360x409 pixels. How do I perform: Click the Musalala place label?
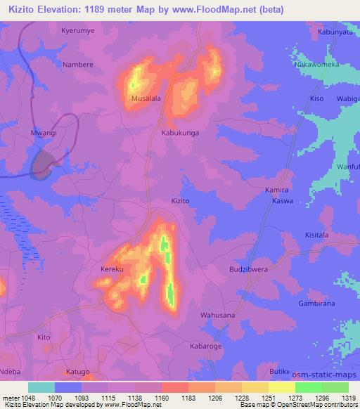click(146, 99)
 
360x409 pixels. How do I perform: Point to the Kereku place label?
click(112, 269)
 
